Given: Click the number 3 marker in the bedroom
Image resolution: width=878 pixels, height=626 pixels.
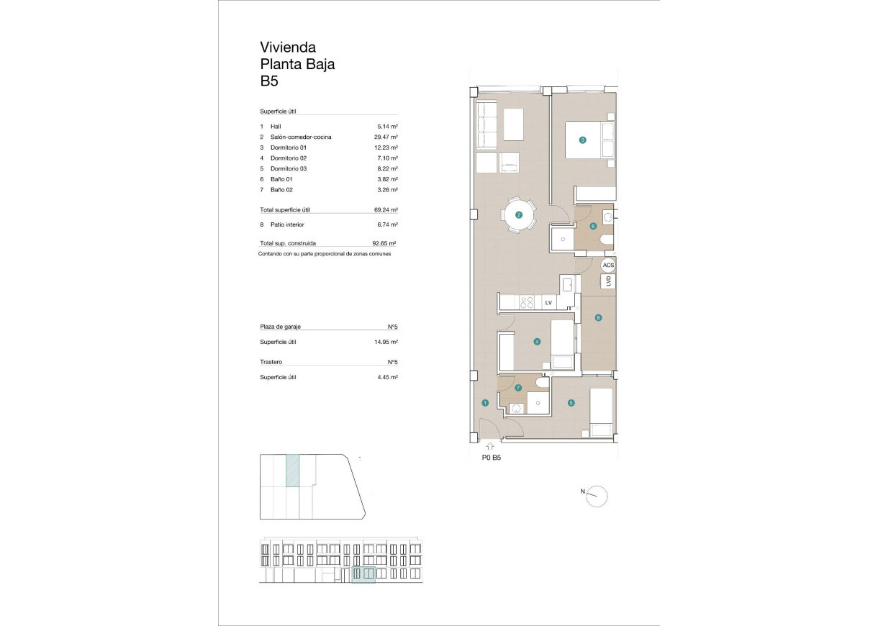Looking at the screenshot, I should [582, 140].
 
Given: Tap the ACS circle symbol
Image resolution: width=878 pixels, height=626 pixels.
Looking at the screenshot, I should [608, 266].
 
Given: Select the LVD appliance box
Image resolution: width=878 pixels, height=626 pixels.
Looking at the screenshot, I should [608, 282].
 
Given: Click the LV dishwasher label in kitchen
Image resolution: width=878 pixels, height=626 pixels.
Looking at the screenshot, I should [548, 303].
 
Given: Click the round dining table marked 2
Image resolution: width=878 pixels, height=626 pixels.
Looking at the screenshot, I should [518, 214].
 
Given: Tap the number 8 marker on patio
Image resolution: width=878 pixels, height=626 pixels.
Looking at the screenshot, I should [597, 317].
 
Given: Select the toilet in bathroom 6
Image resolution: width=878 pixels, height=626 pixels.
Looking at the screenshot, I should [607, 240].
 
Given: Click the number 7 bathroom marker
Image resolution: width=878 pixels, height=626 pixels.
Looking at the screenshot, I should [518, 387].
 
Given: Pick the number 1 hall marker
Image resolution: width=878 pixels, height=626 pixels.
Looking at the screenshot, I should [485, 403].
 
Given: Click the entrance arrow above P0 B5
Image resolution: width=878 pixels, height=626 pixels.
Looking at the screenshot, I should [490, 448].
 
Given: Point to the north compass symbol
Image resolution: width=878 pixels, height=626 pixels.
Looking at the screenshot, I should [597, 496].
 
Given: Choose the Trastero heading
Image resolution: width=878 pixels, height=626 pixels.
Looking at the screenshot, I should [271, 362].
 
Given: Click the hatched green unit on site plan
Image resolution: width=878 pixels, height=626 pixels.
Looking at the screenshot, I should [292, 471].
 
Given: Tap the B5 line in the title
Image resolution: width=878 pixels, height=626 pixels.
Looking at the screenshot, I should [269, 81].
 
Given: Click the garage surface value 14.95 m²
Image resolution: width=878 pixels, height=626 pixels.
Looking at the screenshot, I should [386, 343].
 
